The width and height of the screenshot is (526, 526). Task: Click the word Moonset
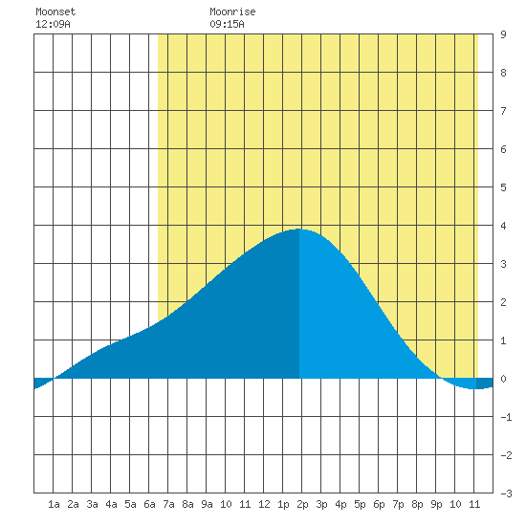pyautogui.click(x=55, y=11)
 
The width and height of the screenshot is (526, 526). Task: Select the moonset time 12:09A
pyautogui.click(x=53, y=24)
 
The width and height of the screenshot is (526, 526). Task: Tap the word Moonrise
pyautogui.click(x=232, y=11)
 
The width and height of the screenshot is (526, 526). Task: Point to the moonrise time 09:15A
pyautogui.click(x=227, y=24)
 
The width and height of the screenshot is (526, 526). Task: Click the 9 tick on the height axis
pyautogui.click(x=503, y=34)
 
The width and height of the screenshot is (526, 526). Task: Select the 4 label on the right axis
pyautogui.click(x=503, y=226)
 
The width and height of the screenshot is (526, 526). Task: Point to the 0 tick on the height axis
pyautogui.click(x=503, y=379)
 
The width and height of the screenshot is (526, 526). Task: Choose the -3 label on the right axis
pyautogui.click(x=506, y=493)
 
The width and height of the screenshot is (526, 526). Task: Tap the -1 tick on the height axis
pyautogui.click(x=506, y=417)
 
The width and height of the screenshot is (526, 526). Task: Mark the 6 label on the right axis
pyautogui.click(x=503, y=149)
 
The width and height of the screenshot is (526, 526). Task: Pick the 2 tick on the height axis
pyautogui.click(x=503, y=302)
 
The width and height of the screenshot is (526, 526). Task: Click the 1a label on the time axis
pyautogui.click(x=54, y=504)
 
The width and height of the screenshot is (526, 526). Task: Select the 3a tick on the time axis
pyautogui.click(x=92, y=504)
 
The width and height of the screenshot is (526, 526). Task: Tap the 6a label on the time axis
pyautogui.click(x=149, y=504)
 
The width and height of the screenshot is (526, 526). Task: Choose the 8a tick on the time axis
pyautogui.click(x=187, y=504)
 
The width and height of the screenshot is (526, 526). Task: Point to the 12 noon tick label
pyautogui.click(x=264, y=504)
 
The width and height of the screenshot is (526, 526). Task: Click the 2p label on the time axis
pyautogui.click(x=302, y=504)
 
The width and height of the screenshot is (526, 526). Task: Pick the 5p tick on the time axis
pyautogui.click(x=360, y=504)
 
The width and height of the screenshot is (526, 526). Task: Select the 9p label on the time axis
pyautogui.click(x=436, y=504)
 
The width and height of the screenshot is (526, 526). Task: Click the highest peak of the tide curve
pyautogui.click(x=299, y=230)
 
